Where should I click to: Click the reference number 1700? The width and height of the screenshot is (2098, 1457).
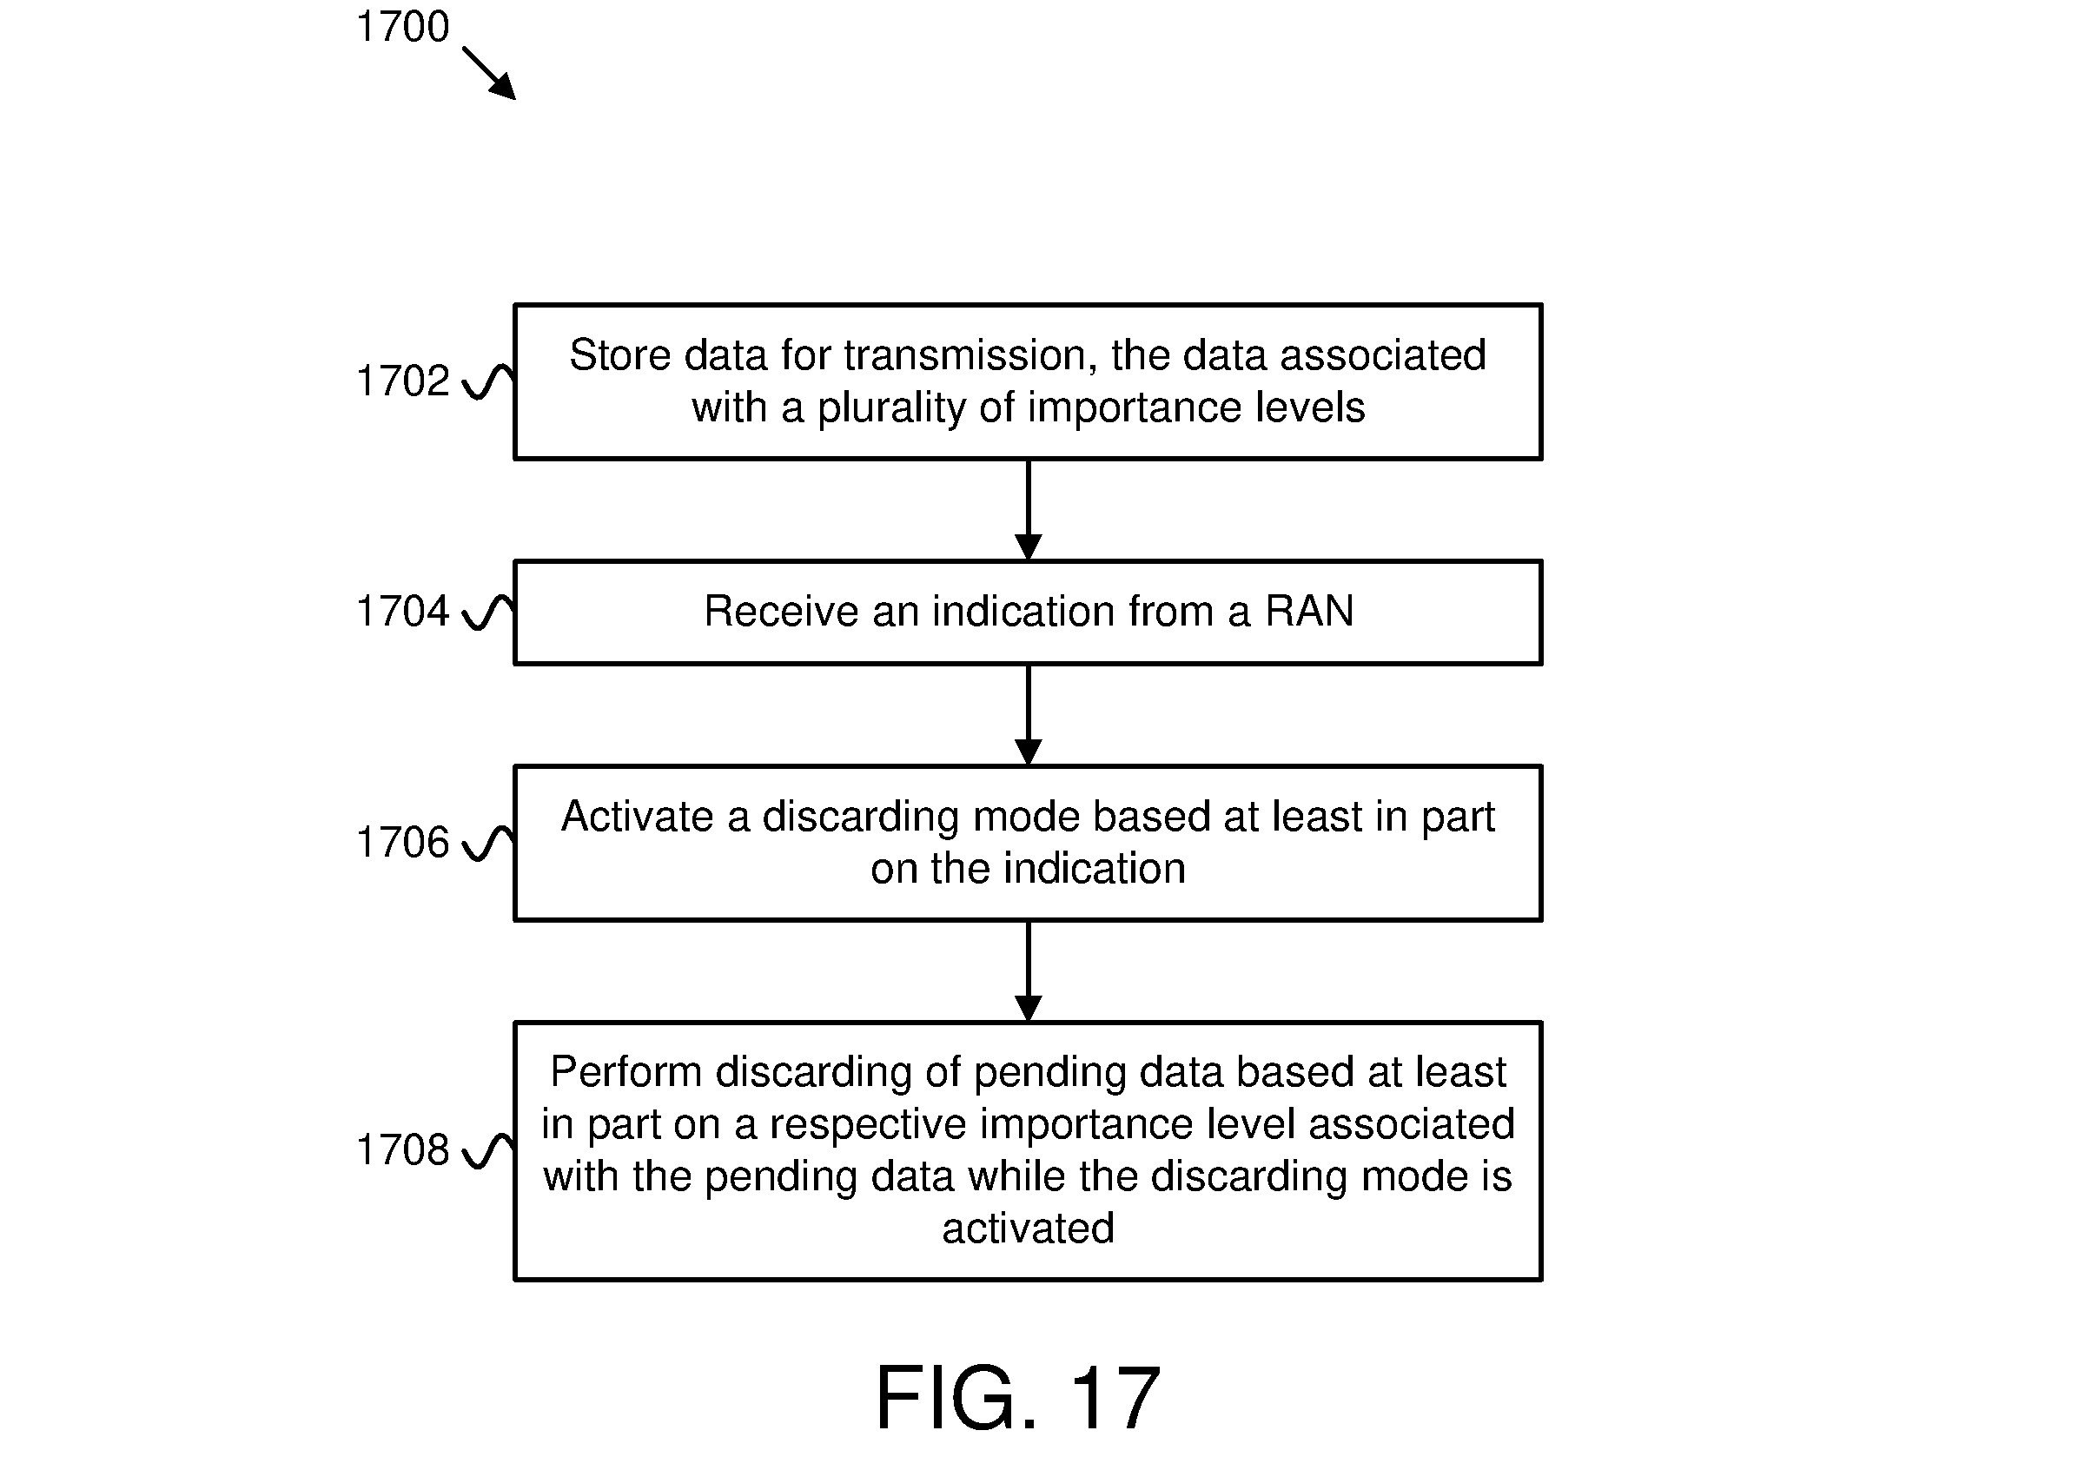[402, 26]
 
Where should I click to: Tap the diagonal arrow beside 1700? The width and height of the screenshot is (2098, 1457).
[489, 73]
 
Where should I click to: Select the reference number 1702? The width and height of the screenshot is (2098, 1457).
[402, 381]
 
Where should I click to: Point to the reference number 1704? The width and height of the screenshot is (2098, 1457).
[402, 611]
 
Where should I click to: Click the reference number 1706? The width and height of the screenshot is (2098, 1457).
[402, 842]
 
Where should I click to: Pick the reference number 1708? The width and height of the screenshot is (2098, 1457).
[402, 1149]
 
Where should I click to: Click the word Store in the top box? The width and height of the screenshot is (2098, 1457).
[620, 355]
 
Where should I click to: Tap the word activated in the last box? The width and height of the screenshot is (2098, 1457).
[1029, 1229]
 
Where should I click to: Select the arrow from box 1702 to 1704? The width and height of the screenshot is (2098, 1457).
[1029, 509]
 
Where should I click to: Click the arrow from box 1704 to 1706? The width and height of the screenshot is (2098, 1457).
[1029, 715]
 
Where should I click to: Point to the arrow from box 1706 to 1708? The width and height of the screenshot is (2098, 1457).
[1029, 971]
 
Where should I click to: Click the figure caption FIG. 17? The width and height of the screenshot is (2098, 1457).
[1017, 1397]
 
